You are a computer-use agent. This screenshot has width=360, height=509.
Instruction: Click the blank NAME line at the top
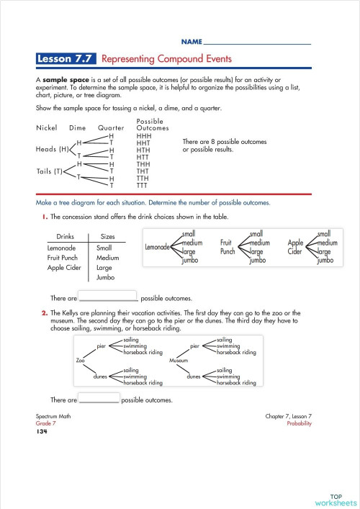(257, 42)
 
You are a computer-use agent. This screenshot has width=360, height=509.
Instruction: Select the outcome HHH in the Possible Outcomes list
(143, 135)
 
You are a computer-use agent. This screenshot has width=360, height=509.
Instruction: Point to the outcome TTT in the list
(143, 185)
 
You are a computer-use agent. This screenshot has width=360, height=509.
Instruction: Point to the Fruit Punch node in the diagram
(228, 248)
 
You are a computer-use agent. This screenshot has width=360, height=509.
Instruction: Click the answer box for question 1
(107, 297)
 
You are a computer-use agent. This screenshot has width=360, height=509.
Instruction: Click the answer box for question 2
(98, 399)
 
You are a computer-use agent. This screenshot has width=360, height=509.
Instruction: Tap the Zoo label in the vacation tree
(81, 360)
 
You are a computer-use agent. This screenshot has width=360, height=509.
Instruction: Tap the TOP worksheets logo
(335, 499)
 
